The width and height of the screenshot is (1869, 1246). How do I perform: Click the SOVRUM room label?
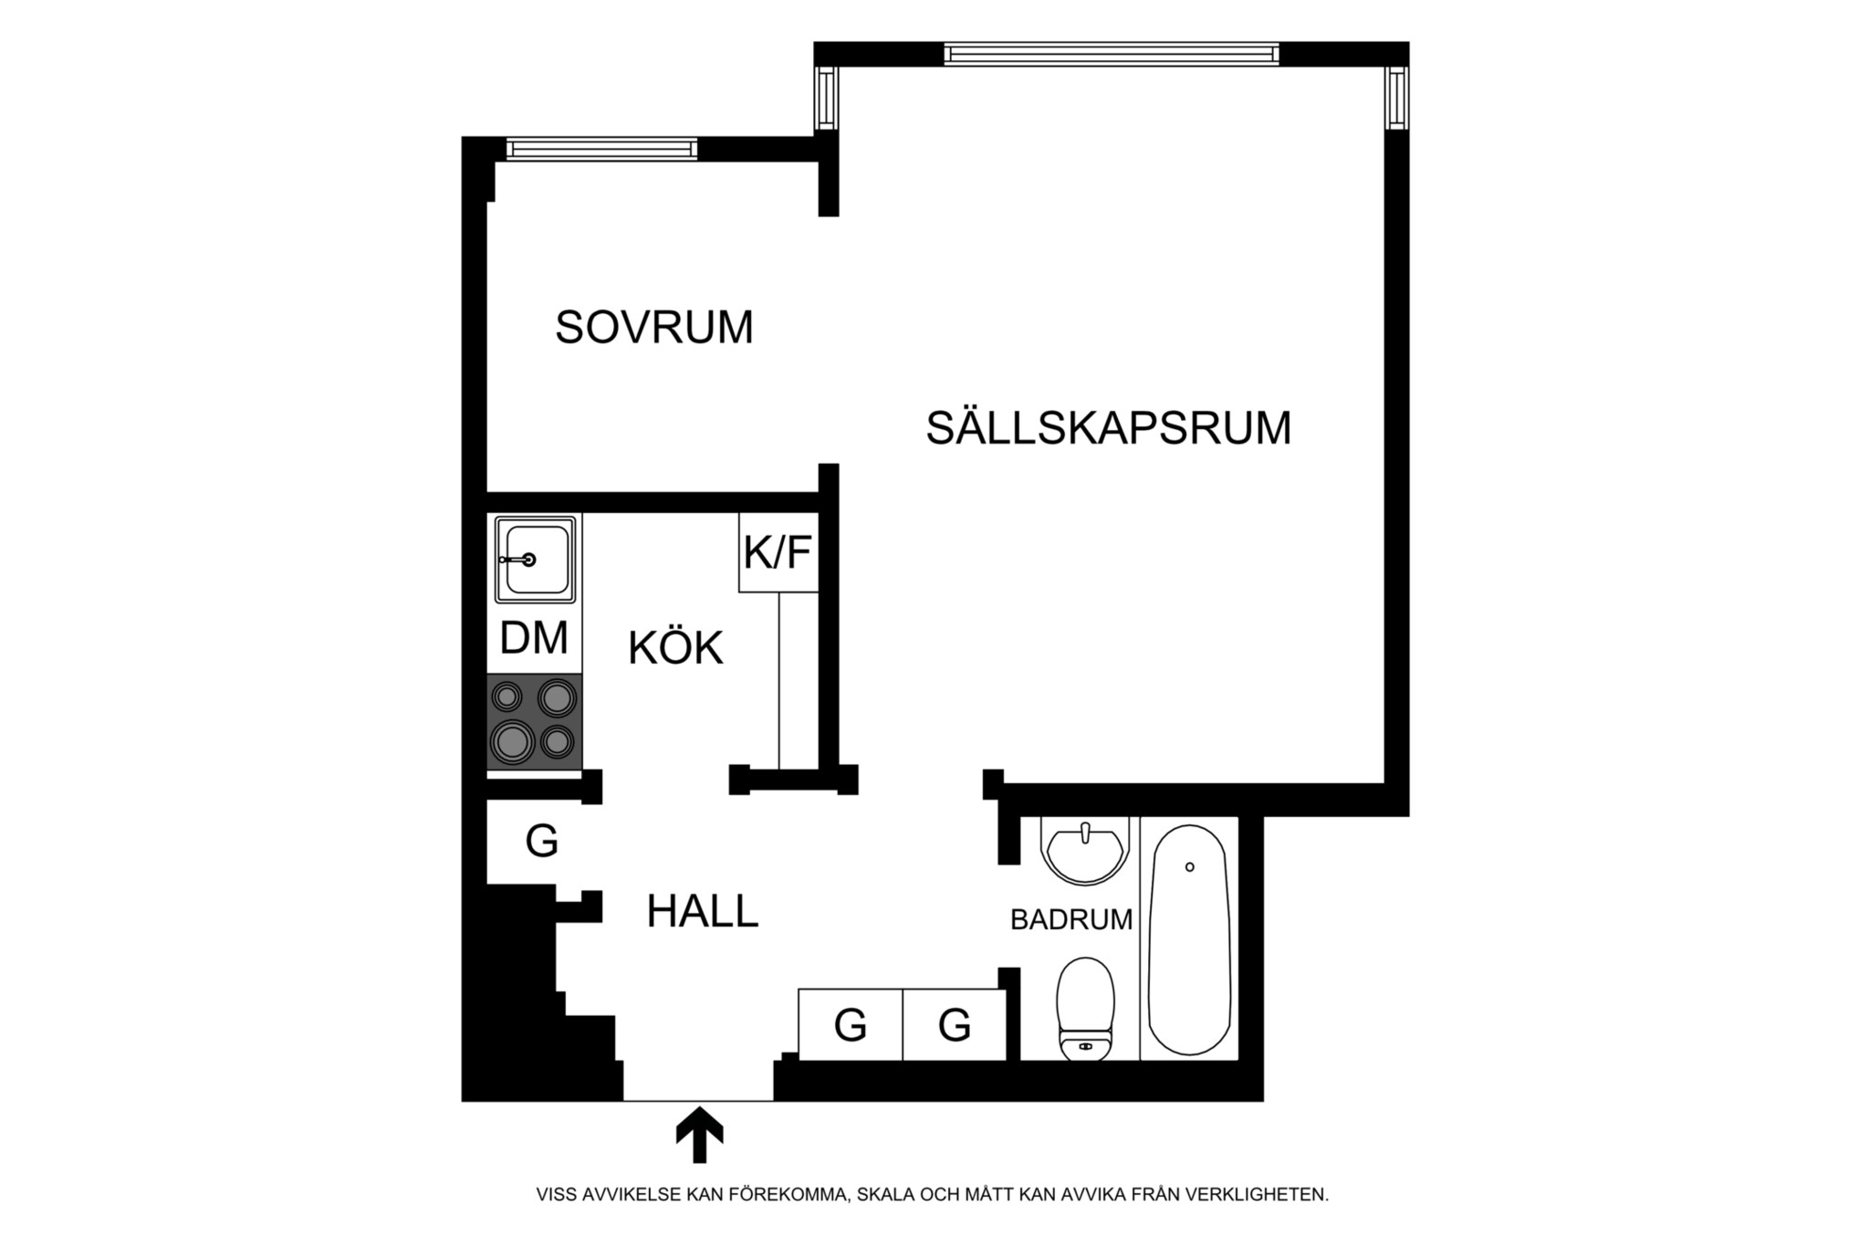[654, 327]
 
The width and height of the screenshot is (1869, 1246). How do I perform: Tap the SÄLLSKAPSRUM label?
[1108, 428]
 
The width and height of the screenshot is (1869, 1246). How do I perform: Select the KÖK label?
[675, 648]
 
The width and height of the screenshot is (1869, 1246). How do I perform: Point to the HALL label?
[703, 911]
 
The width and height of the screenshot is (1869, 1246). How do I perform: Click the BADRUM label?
[1071, 919]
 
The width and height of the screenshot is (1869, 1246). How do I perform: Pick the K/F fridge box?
[778, 552]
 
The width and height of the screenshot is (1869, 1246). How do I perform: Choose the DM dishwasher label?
[534, 638]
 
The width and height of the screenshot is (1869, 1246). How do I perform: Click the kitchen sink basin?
[536, 559]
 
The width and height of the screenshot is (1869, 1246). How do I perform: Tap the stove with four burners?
[534, 721]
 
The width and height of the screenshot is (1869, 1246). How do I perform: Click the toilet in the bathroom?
[1086, 1009]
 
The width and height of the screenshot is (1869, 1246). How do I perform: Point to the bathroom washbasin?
[1085, 851]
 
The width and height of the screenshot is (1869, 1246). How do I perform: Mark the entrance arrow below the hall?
[699, 1135]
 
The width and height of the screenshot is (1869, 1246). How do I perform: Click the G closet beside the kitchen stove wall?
[541, 841]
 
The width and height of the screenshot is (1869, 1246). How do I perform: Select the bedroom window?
[601, 149]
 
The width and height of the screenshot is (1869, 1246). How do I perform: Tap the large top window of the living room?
[1111, 55]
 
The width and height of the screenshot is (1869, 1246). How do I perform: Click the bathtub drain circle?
[1189, 866]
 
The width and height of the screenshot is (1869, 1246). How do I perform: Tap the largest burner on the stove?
[513, 740]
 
